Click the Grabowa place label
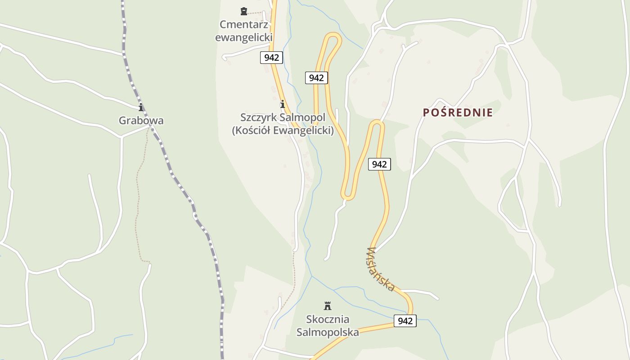[141, 121]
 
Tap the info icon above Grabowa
[141, 107]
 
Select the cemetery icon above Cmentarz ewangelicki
[244, 11]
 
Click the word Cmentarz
[244, 24]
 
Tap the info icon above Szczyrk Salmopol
[283, 104]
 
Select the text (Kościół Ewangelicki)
[283, 130]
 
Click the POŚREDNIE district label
[458, 112]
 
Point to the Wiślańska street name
[381, 269]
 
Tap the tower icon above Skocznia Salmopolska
[328, 306]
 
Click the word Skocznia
[328, 319]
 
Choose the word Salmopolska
[328, 333]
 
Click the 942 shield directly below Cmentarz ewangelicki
[271, 58]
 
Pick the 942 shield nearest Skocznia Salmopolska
[405, 321]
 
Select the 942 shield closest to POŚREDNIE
[379, 164]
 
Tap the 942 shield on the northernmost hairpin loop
[316, 78]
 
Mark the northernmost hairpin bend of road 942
[333, 36]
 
